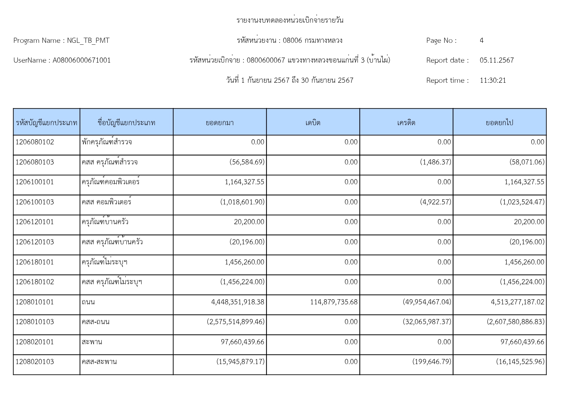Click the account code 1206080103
pos(35,162)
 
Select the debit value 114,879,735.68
pos(334,302)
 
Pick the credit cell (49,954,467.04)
pos(427,302)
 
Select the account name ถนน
pos(88,302)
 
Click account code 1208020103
pos(35,362)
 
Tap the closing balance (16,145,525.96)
pos(520,362)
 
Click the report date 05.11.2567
pos(496,60)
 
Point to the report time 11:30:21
pos(493,80)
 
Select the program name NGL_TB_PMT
pos(88,41)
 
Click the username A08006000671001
pos(82,60)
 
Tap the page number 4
pos(481,41)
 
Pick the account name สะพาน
pos(92,342)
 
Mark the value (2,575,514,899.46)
pos(236,322)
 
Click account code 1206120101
pos(35,222)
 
